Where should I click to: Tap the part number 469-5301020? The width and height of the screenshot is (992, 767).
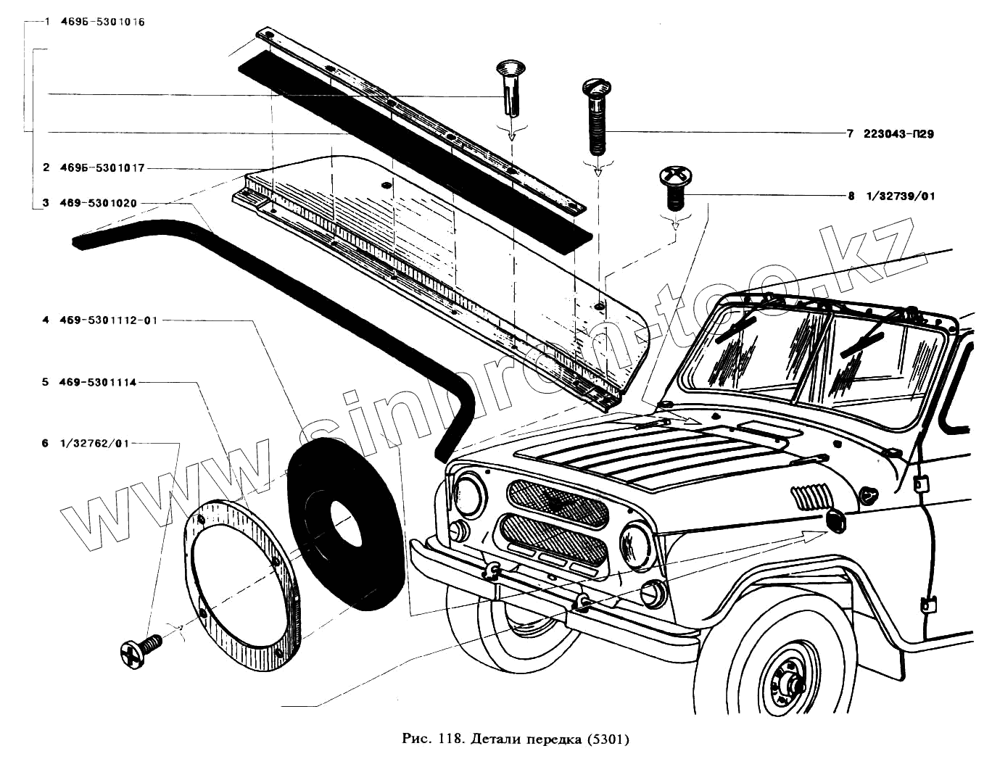[99, 204]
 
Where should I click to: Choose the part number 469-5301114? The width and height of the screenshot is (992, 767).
[99, 382]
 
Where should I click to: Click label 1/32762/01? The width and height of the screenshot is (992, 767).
[95, 443]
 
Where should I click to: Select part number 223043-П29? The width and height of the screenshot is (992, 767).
[898, 134]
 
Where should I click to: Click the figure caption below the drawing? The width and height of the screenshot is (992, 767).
[514, 740]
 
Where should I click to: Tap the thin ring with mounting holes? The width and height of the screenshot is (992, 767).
[243, 580]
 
